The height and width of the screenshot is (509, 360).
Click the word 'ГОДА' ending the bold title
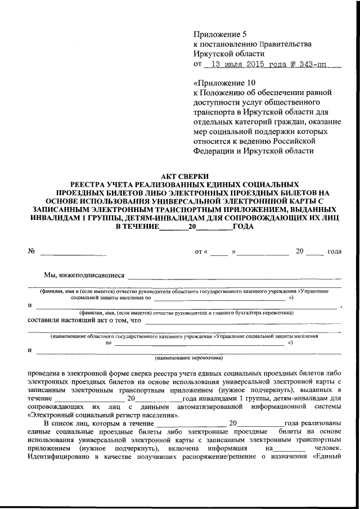(243, 227)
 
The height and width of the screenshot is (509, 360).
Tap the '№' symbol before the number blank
(31, 251)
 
